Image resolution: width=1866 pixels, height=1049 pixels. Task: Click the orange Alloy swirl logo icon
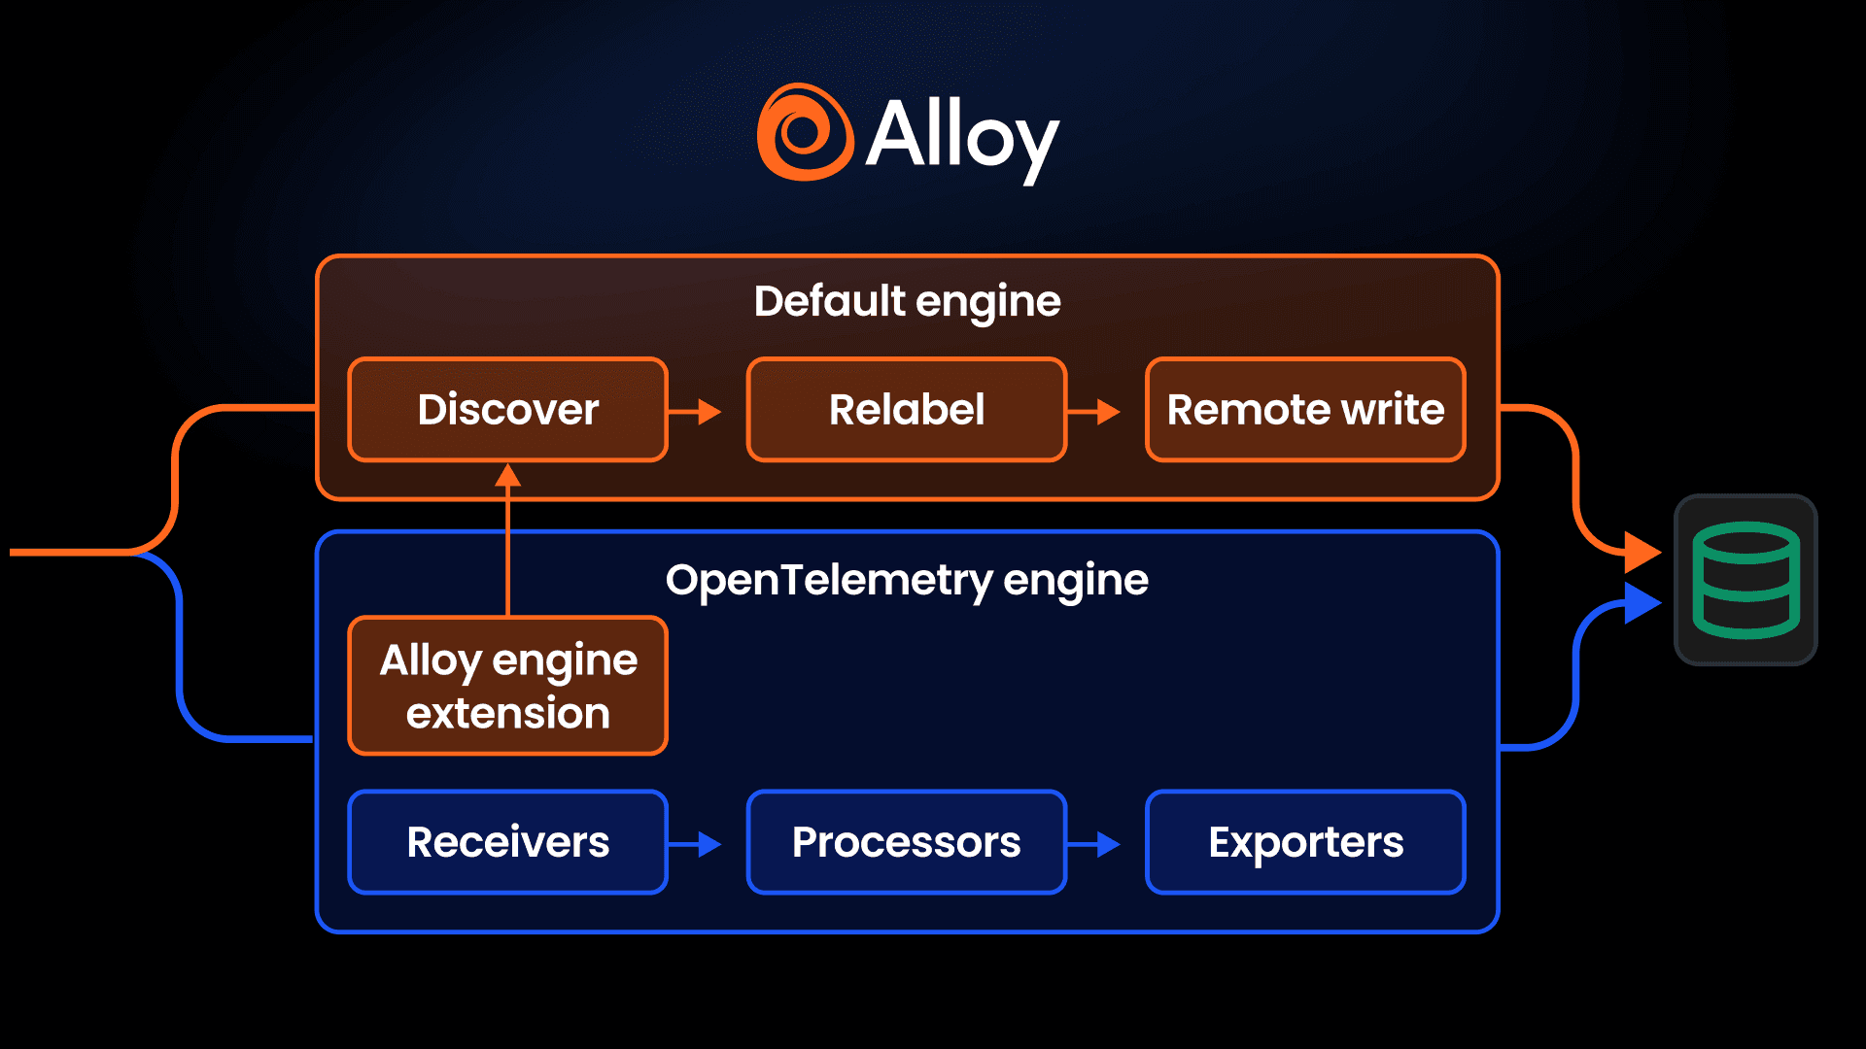pyautogui.click(x=805, y=133)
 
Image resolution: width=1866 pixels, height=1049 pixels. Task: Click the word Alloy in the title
pyautogui.click(x=961, y=137)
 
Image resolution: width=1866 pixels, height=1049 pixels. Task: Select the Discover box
pyautogui.click(x=507, y=410)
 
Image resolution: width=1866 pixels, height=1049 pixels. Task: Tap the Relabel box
pyautogui.click(x=906, y=410)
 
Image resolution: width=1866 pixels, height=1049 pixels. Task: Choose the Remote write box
pyautogui.click(x=1305, y=410)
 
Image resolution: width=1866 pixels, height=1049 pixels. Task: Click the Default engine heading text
pyautogui.click(x=907, y=301)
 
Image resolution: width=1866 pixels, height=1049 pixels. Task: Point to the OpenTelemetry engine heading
pyautogui.click(x=907, y=580)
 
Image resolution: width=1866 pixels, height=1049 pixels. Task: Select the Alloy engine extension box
pyautogui.click(x=507, y=686)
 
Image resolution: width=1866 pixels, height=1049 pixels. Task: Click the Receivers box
pyautogui.click(x=507, y=842)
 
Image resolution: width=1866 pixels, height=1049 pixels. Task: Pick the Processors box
pyautogui.click(x=906, y=842)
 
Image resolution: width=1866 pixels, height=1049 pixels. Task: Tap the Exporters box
pyautogui.click(x=1305, y=842)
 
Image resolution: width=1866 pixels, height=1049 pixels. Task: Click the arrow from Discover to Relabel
pyautogui.click(x=697, y=412)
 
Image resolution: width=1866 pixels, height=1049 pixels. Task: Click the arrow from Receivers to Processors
pyautogui.click(x=697, y=844)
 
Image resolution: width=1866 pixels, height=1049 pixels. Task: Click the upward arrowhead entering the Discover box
pyautogui.click(x=507, y=476)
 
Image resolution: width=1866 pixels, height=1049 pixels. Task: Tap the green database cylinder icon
pyautogui.click(x=1745, y=580)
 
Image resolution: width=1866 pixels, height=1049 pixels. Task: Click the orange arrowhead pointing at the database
pyautogui.click(x=1641, y=552)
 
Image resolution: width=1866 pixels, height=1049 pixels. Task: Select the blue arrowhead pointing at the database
pyautogui.click(x=1641, y=603)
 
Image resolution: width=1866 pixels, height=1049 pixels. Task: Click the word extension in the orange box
pyautogui.click(x=507, y=714)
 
